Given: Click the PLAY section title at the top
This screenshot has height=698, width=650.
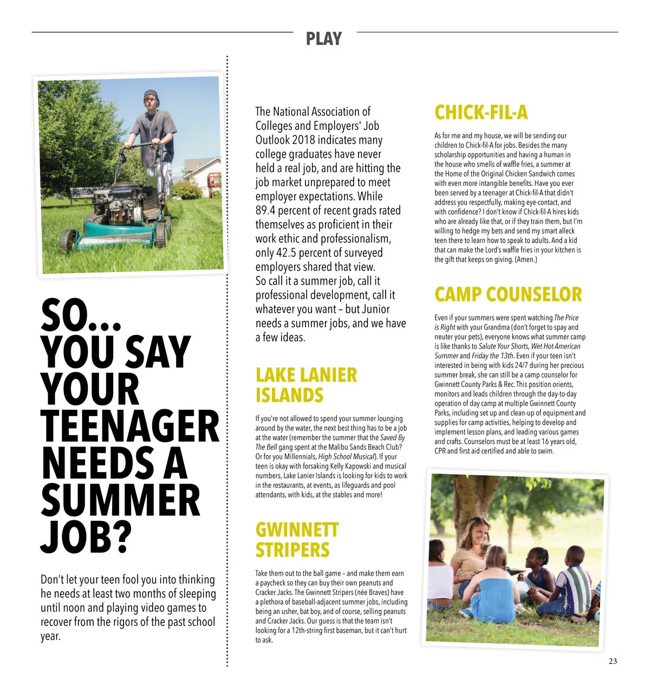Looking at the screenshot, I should point(324,38).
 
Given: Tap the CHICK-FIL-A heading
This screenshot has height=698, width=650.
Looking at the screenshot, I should point(480,112).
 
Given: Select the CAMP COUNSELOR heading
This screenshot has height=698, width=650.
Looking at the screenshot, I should point(508,294).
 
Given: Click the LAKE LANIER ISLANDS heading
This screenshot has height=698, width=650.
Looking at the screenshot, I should point(306,385).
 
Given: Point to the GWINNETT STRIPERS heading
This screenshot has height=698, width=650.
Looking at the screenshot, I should point(297,539).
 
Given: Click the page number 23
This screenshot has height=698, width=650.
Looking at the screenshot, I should point(613,661).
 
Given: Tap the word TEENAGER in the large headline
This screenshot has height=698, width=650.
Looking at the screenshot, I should point(130,427).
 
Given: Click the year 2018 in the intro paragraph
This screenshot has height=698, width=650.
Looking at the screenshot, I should point(303,140).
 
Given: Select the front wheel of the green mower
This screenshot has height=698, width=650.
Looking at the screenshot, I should point(68,238).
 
